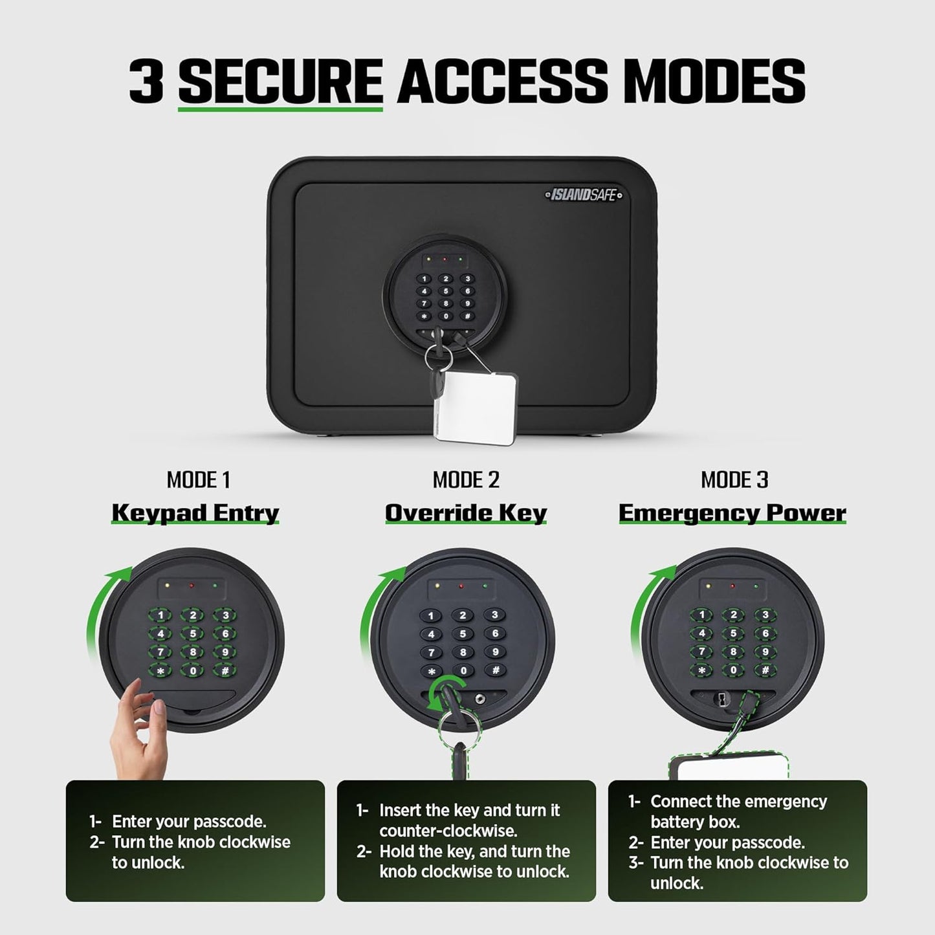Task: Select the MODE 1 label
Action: click(198, 479)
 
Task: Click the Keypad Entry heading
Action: click(195, 512)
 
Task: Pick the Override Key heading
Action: click(466, 512)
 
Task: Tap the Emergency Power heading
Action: click(732, 512)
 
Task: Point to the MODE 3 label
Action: click(734, 479)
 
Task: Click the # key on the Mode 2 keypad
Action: click(495, 670)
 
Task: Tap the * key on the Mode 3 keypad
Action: click(701, 670)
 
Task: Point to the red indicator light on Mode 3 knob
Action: click(732, 587)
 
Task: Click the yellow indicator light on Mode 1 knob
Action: click(167, 586)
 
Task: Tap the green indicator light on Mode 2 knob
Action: click(486, 587)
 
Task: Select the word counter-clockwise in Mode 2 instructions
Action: click(448, 831)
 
